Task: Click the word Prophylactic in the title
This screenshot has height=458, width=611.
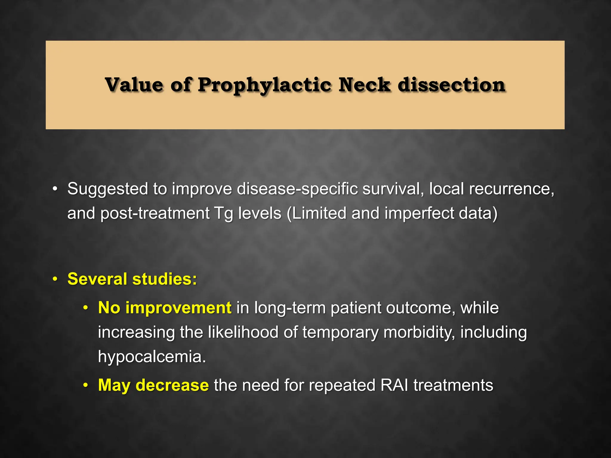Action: coord(264,85)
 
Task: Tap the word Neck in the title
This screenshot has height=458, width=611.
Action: coord(364,85)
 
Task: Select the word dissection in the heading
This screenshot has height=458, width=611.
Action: coord(451,85)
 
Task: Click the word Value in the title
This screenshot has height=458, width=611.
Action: coord(134,85)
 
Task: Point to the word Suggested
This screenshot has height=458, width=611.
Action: coord(108,189)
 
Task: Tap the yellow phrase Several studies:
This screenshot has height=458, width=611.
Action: coord(132,279)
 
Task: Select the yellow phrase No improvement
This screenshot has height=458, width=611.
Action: coord(165,308)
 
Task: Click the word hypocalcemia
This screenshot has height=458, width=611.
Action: coord(152,356)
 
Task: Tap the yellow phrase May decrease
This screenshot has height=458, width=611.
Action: coord(153,385)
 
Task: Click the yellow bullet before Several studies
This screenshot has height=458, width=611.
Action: coord(55,279)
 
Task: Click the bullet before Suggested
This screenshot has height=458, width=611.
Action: coord(55,189)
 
